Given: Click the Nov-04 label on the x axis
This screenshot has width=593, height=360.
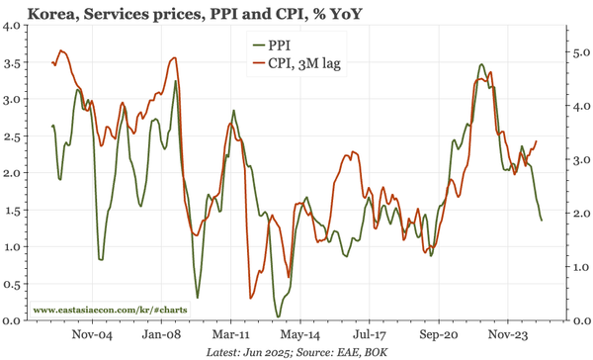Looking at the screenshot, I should [x=92, y=334].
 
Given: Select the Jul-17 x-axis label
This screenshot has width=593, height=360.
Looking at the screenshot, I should [x=369, y=334].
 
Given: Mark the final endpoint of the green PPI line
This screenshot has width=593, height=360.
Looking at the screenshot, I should [x=542, y=220].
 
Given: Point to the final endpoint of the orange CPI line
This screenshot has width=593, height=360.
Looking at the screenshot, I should [x=537, y=140].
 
